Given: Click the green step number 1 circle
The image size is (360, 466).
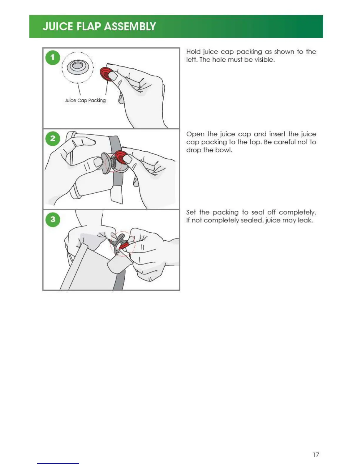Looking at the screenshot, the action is point(53,57).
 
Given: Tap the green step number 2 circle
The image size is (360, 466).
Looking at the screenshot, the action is point(53,139).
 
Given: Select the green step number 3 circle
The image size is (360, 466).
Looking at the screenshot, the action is point(53,219).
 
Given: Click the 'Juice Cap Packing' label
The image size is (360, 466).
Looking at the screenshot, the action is point(85,101).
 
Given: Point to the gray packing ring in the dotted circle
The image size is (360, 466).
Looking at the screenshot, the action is point(78,67).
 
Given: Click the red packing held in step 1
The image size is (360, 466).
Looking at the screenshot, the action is point(106,74).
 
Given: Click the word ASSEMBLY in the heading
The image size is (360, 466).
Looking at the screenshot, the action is point(130,26).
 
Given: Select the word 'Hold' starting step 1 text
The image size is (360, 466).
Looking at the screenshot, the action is point(193,52).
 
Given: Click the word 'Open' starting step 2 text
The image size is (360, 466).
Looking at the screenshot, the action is point(195,134).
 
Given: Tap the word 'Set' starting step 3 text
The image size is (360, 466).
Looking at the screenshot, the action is point(191,212).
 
